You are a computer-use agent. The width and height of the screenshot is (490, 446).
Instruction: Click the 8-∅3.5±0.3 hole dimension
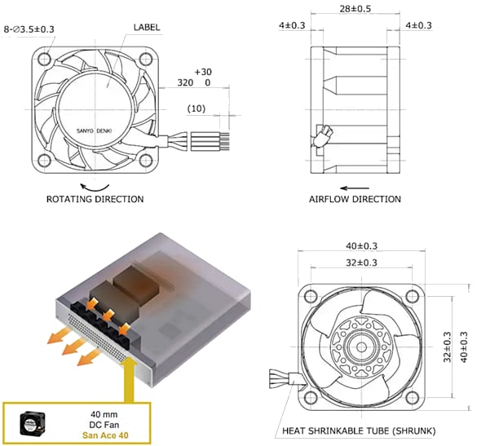click(x=29, y=29)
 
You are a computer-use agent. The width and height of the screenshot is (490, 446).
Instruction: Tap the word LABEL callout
click(x=146, y=27)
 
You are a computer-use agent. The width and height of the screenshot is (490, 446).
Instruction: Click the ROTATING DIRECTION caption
click(x=95, y=199)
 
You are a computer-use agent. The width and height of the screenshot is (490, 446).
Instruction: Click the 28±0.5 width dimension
click(x=355, y=9)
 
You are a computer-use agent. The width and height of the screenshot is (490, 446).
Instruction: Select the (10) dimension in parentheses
click(x=196, y=108)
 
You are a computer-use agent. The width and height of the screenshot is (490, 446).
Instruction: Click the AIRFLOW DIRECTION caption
click(x=355, y=199)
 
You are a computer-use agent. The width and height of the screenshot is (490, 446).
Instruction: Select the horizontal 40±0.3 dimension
click(x=362, y=245)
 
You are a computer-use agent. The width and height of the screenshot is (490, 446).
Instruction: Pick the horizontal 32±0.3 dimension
click(x=362, y=263)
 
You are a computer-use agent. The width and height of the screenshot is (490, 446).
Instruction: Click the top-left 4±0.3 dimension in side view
click(x=292, y=26)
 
